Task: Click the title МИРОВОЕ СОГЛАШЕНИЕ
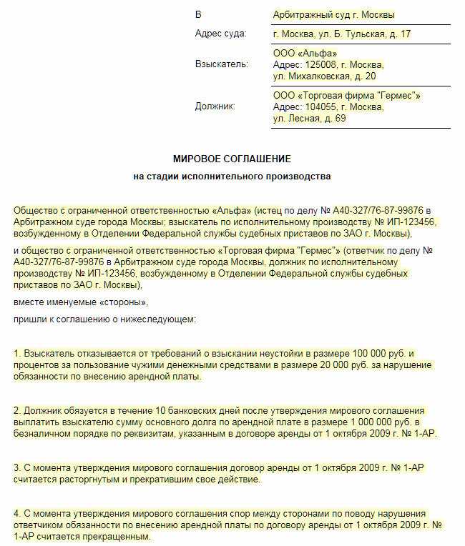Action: tap(232, 158)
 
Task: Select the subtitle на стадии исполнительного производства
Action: tap(232, 176)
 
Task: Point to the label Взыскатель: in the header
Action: tap(222, 64)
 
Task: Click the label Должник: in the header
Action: tap(215, 106)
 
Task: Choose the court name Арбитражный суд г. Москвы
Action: tap(333, 14)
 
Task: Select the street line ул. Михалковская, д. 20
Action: tap(324, 76)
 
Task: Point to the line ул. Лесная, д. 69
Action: tap(309, 118)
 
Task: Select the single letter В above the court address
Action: tap(198, 14)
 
